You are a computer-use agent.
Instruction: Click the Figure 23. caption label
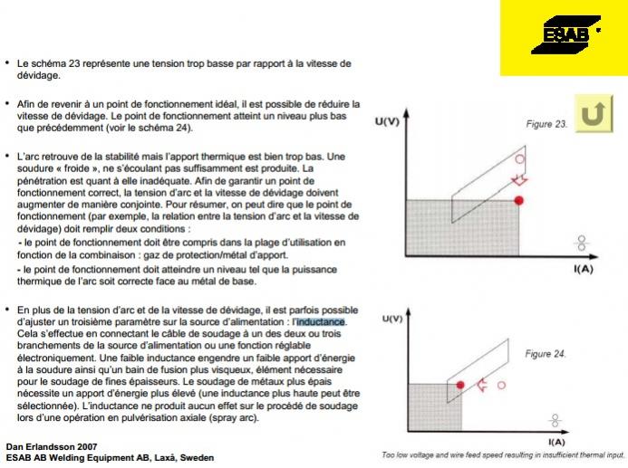pyautogui.click(x=547, y=124)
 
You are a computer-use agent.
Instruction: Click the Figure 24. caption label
pyautogui.click(x=546, y=354)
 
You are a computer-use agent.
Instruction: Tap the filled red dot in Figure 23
pyautogui.click(x=519, y=200)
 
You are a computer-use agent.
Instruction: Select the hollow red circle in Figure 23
pyautogui.click(x=519, y=159)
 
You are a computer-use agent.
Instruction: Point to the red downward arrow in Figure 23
pyautogui.click(x=519, y=180)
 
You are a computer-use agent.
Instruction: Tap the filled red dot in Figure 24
pyautogui.click(x=460, y=385)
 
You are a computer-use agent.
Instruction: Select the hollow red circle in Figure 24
pyautogui.click(x=501, y=385)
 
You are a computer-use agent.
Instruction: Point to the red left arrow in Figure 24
pyautogui.click(x=482, y=385)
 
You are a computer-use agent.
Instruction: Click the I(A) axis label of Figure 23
pyautogui.click(x=583, y=269)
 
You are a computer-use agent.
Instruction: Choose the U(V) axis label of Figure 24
pyautogui.click(x=391, y=319)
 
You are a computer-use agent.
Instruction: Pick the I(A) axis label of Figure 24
pyautogui.click(x=556, y=441)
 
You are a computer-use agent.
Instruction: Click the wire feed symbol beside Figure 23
pyautogui.click(x=582, y=243)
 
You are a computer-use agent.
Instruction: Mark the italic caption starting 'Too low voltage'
pyautogui.click(x=503, y=455)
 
